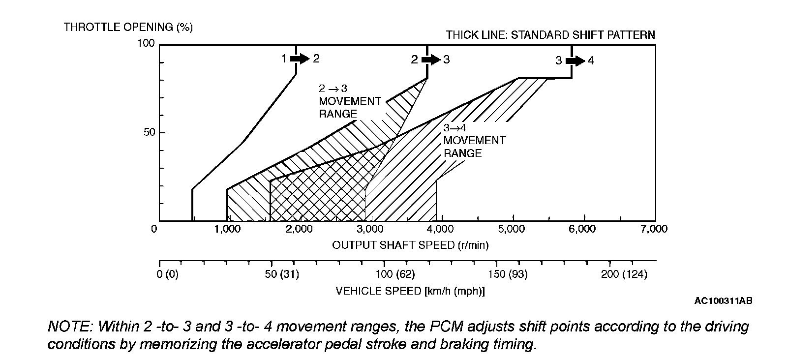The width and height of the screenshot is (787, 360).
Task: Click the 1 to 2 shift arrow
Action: pos(300,59)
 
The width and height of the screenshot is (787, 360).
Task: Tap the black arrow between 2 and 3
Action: pos(431,60)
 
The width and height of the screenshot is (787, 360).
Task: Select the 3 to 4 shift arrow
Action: pos(575,60)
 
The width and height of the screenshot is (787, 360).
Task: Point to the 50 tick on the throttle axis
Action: pos(149,132)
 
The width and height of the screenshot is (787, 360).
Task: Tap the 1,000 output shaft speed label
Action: pos(227,229)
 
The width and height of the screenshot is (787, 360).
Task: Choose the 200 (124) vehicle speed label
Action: pos(624,274)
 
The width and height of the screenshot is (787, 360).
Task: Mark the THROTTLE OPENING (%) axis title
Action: pos(128,27)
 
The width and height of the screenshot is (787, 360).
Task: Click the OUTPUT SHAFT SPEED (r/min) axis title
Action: pos(410,244)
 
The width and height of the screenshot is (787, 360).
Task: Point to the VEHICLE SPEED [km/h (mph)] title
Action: pos(410,291)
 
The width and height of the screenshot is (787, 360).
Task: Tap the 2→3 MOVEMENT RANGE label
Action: pos(349,101)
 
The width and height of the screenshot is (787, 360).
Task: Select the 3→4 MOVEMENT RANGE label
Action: pos(474,141)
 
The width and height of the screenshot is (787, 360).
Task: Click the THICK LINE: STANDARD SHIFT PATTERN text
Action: pos(550,35)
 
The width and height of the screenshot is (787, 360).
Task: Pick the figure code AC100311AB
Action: pos(723,300)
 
